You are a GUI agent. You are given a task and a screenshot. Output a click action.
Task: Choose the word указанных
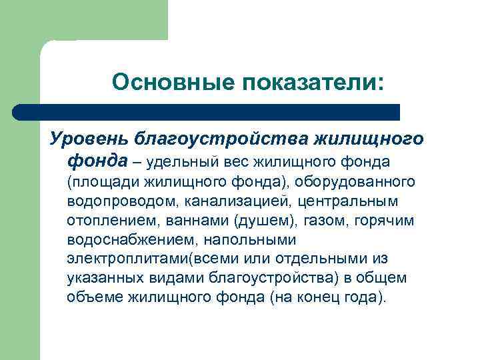106,277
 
